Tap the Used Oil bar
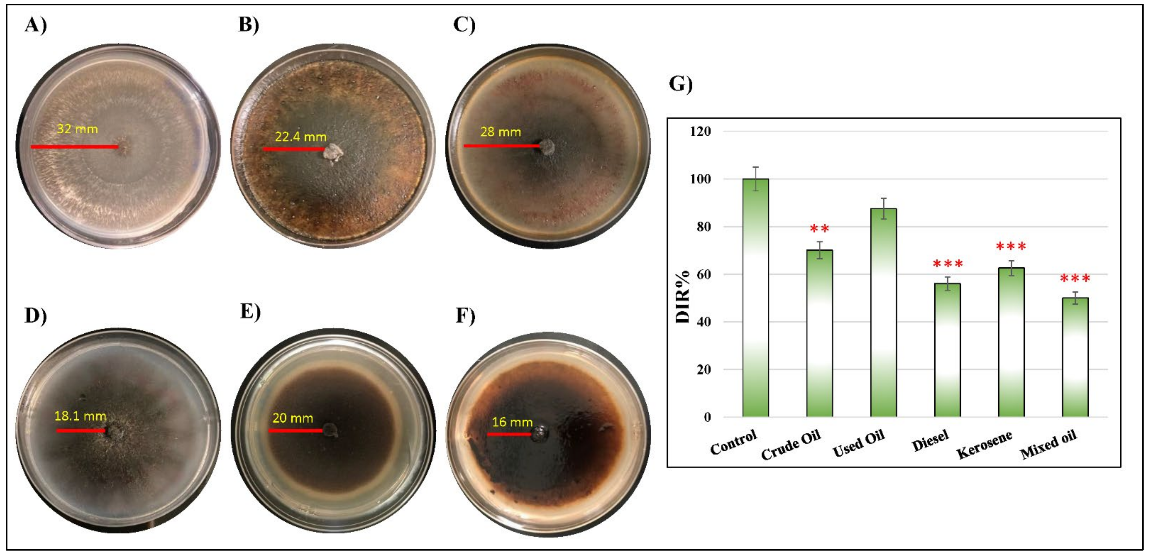[x=883, y=312]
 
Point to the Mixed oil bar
[x=1075, y=357]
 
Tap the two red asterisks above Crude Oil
[x=819, y=229]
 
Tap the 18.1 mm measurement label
[x=80, y=416]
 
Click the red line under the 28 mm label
[x=502, y=146]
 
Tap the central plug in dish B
[x=333, y=153]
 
